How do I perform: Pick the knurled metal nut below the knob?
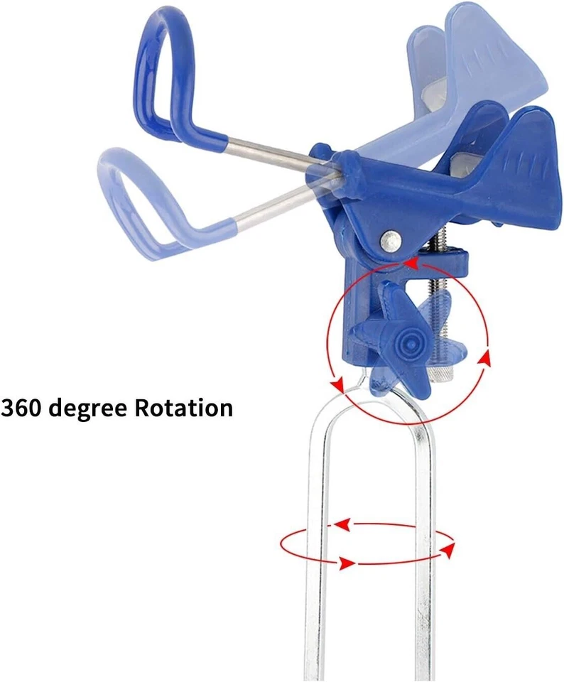(441, 372)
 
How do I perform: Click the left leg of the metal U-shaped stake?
(315, 568)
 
